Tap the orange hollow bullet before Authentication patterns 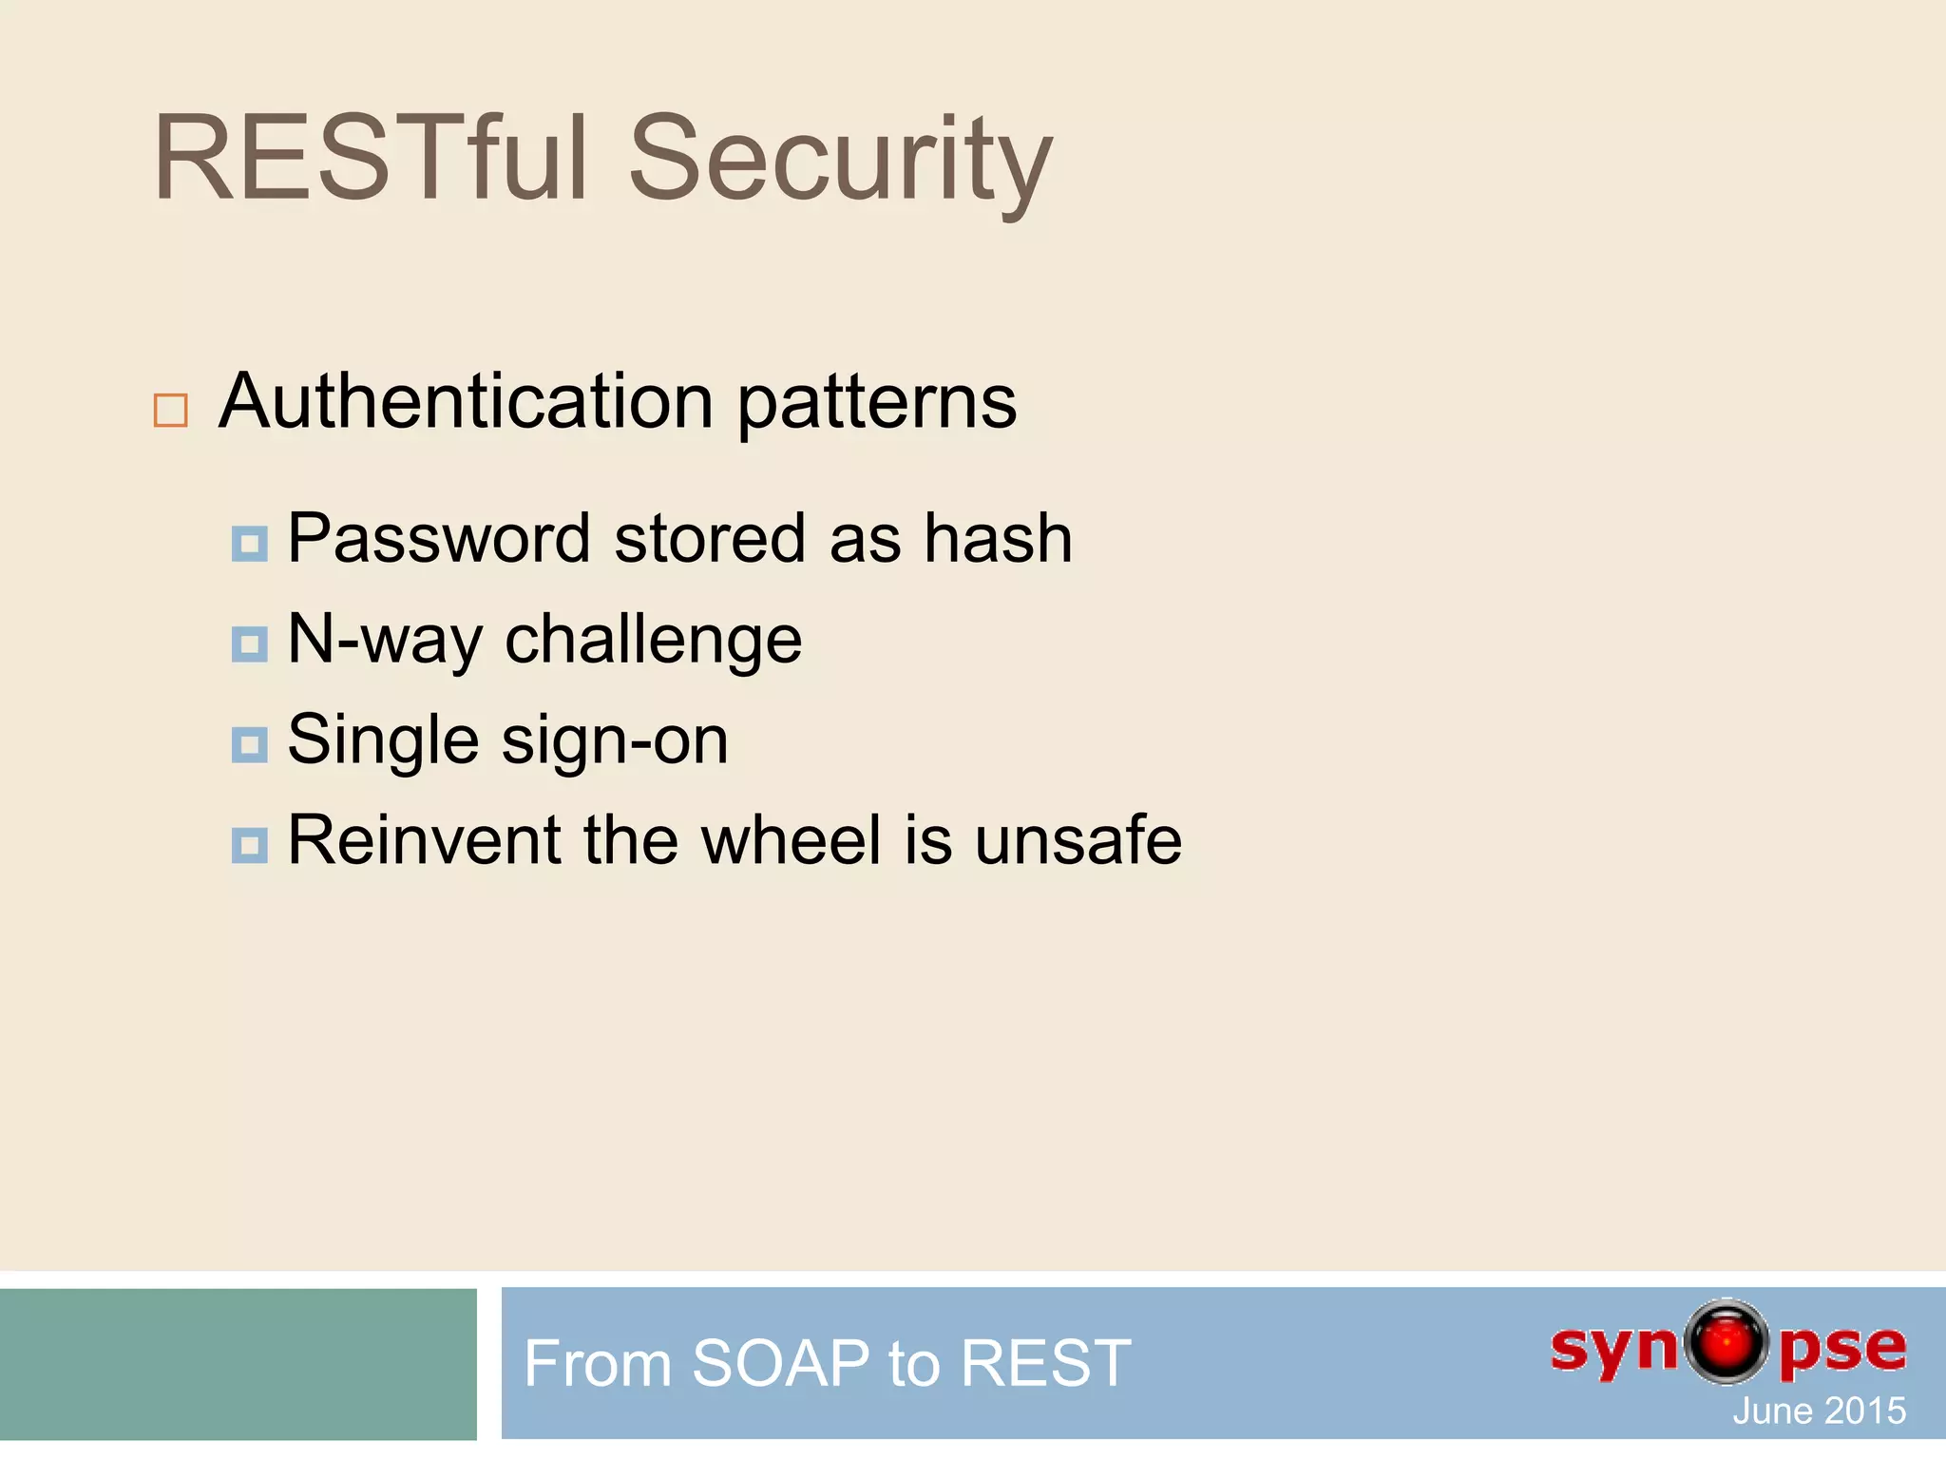171,411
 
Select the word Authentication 466,402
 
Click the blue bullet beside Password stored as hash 249,544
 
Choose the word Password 439,539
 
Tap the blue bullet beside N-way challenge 249,644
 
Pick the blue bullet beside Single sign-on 249,745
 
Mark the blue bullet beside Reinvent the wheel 249,845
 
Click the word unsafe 1078,840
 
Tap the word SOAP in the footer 780,1363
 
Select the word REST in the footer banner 1045,1363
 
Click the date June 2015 1818,1411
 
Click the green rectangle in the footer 238,1363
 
